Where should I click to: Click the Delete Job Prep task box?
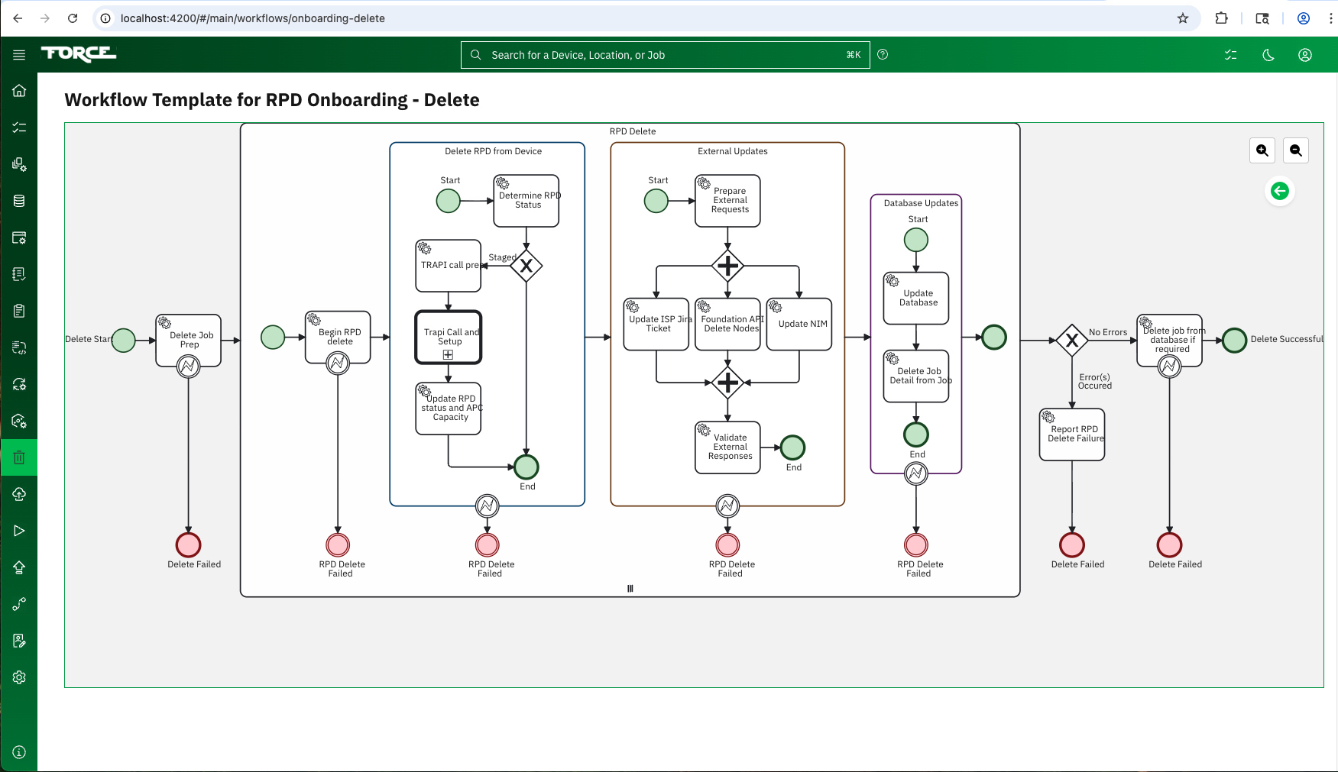(189, 340)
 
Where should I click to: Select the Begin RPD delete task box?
(338, 337)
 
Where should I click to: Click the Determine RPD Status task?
(526, 201)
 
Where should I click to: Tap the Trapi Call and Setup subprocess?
(449, 337)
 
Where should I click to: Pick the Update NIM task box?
(799, 324)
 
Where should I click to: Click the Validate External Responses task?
(727, 447)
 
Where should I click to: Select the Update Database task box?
(916, 298)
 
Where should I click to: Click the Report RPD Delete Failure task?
(1072, 434)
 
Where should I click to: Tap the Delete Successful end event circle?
(1234, 340)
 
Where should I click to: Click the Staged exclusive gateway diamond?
(526, 266)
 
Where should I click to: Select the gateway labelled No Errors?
(1072, 340)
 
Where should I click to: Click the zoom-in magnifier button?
(1262, 150)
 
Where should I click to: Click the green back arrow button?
(1280, 191)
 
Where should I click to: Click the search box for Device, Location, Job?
(665, 55)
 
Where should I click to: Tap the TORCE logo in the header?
(79, 53)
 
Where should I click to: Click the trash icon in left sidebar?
(19, 457)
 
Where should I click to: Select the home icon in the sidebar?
(19, 91)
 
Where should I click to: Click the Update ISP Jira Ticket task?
(656, 324)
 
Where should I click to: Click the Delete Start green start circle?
(124, 340)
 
